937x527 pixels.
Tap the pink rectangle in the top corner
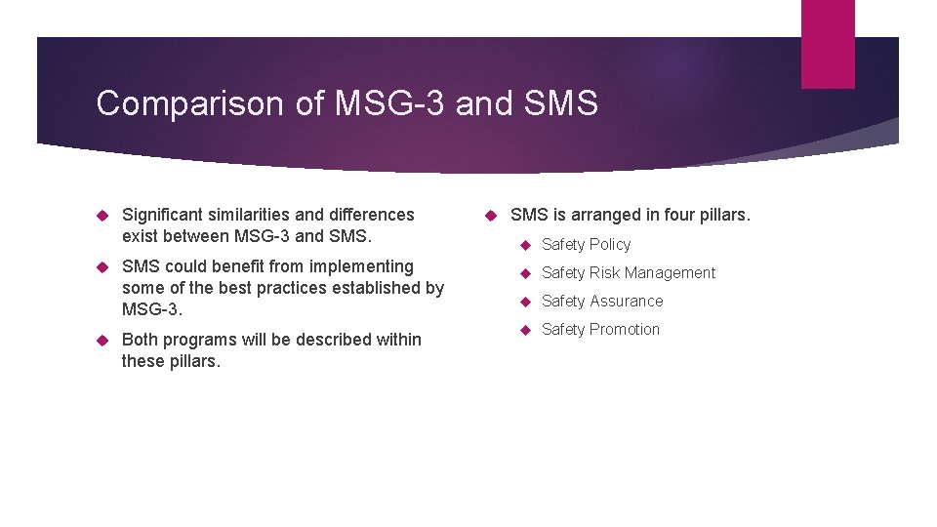[x=828, y=44]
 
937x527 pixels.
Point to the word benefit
[x=241, y=266]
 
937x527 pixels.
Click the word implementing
[x=365, y=266]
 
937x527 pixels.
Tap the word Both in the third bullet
[x=142, y=340]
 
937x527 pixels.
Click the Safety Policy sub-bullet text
[x=587, y=245]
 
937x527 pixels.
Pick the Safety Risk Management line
[x=629, y=273]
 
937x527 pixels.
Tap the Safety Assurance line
[x=602, y=302]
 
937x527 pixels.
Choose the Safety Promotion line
[x=601, y=330]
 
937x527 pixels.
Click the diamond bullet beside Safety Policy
[x=524, y=245]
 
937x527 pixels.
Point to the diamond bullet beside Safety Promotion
[x=524, y=330]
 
